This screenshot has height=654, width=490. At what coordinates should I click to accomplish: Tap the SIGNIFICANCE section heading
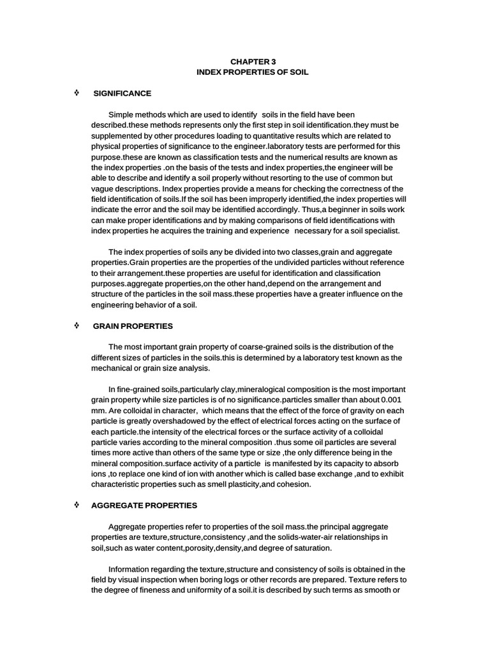click(x=122, y=93)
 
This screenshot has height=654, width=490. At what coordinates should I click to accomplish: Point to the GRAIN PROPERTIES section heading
click(x=133, y=326)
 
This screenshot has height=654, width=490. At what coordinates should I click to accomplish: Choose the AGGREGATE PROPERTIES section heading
click(x=144, y=505)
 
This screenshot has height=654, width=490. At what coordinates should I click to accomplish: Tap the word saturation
click(x=310, y=548)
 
